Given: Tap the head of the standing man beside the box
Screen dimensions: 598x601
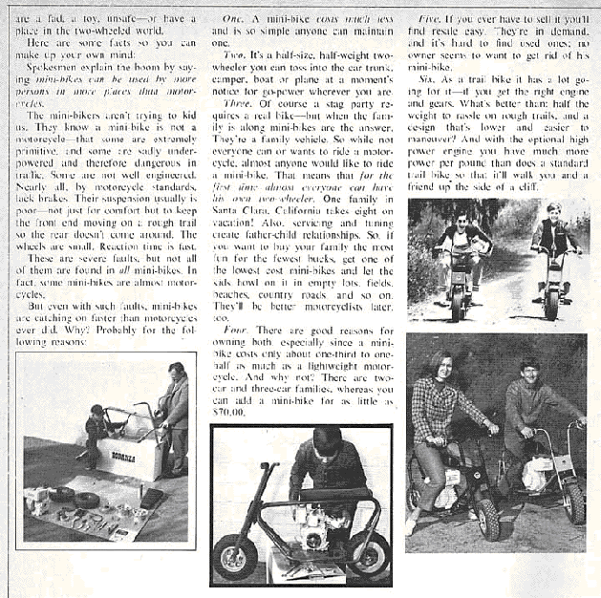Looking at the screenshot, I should (176, 371).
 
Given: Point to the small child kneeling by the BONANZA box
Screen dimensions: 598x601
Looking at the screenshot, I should (97, 431).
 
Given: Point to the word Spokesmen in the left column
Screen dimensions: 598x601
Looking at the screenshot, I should (56, 71).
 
